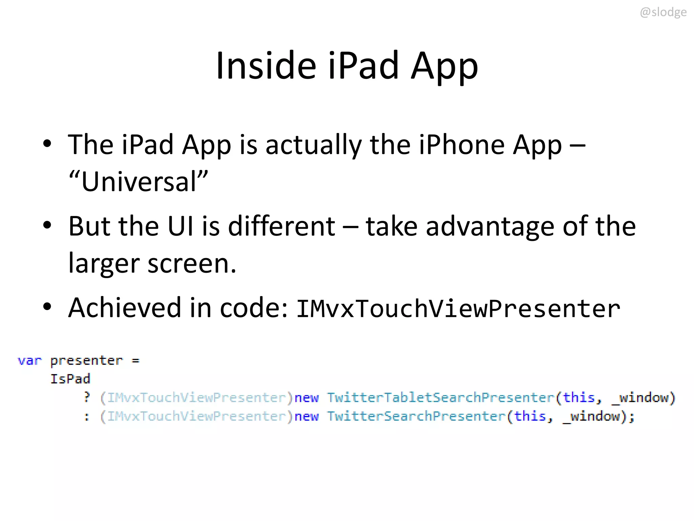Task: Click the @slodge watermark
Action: [x=663, y=12]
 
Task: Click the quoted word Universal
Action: [x=139, y=181]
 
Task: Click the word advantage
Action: [x=490, y=226]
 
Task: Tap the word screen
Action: [x=191, y=264]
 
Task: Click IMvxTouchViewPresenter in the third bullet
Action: [x=458, y=309]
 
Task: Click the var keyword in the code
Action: [x=29, y=360]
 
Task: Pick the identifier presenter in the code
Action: [x=86, y=360]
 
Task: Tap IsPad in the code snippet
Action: [x=70, y=379]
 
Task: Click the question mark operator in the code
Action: [x=87, y=397]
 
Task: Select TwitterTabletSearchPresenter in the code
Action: [x=440, y=398]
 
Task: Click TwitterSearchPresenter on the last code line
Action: [x=416, y=416]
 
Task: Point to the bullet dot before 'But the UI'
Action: [x=47, y=225]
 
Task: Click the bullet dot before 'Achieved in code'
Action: [x=47, y=306]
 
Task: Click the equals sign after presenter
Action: [x=136, y=361]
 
